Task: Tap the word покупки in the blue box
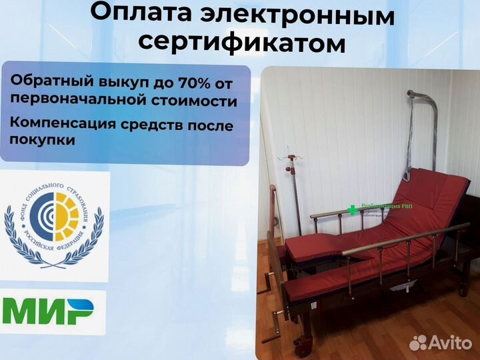point(42,141)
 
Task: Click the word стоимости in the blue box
point(201,101)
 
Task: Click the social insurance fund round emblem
point(54,218)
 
